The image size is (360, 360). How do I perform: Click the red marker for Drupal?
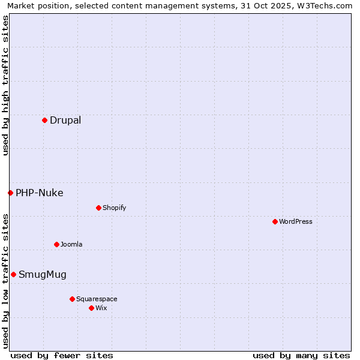[44, 120]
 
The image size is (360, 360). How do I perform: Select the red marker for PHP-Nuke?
[10, 193]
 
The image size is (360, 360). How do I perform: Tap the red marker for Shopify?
[98, 208]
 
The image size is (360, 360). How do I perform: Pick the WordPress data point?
[275, 221]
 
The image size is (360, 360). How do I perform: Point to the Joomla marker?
[56, 244]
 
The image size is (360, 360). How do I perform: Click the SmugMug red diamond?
[13, 274]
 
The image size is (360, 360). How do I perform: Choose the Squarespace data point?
[72, 299]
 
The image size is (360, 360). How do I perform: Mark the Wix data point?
[91, 308]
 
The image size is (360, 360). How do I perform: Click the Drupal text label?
[65, 120]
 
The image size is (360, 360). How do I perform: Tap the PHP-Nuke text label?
[40, 193]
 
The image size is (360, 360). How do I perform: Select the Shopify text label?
[114, 208]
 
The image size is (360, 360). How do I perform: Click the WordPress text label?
[296, 221]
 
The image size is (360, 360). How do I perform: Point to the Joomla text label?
[71, 244]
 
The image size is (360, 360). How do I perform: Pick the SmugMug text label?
[43, 274]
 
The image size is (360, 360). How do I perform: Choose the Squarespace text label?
[97, 299]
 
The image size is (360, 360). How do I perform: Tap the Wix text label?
[101, 308]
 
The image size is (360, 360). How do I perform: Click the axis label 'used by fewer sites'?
[62, 355]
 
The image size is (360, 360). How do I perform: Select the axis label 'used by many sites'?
[301, 355]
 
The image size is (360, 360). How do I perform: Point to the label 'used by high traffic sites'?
[6, 85]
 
